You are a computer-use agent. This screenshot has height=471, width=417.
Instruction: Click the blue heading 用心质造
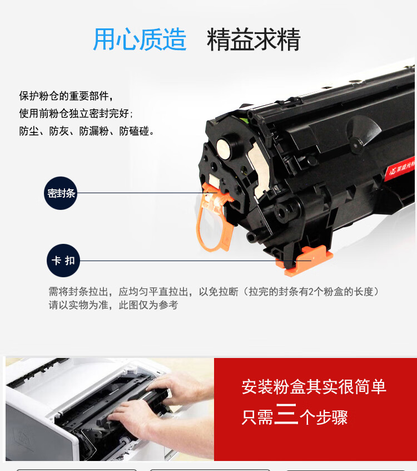(x=140, y=39)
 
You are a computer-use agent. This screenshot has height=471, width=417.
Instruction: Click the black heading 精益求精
(x=254, y=40)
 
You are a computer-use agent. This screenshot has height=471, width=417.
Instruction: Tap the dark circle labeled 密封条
(x=61, y=193)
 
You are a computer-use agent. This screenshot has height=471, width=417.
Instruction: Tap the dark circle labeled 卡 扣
(x=63, y=261)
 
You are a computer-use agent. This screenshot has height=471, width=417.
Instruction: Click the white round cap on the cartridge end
(x=224, y=149)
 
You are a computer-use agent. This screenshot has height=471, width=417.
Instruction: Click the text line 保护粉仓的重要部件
(x=66, y=96)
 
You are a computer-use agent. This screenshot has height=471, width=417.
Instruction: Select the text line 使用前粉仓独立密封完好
(x=76, y=114)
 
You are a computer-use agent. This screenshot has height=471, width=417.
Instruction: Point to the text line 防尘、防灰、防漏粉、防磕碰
(x=86, y=131)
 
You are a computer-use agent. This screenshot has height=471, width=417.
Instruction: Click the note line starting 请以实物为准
(x=113, y=305)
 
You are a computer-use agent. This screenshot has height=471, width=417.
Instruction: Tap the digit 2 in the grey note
(x=311, y=292)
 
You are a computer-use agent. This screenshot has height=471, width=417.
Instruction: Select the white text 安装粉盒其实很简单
(x=314, y=386)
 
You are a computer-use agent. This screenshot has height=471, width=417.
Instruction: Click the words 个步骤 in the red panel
(x=324, y=417)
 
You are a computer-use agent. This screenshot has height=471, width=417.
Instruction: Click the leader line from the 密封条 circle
(x=147, y=193)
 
